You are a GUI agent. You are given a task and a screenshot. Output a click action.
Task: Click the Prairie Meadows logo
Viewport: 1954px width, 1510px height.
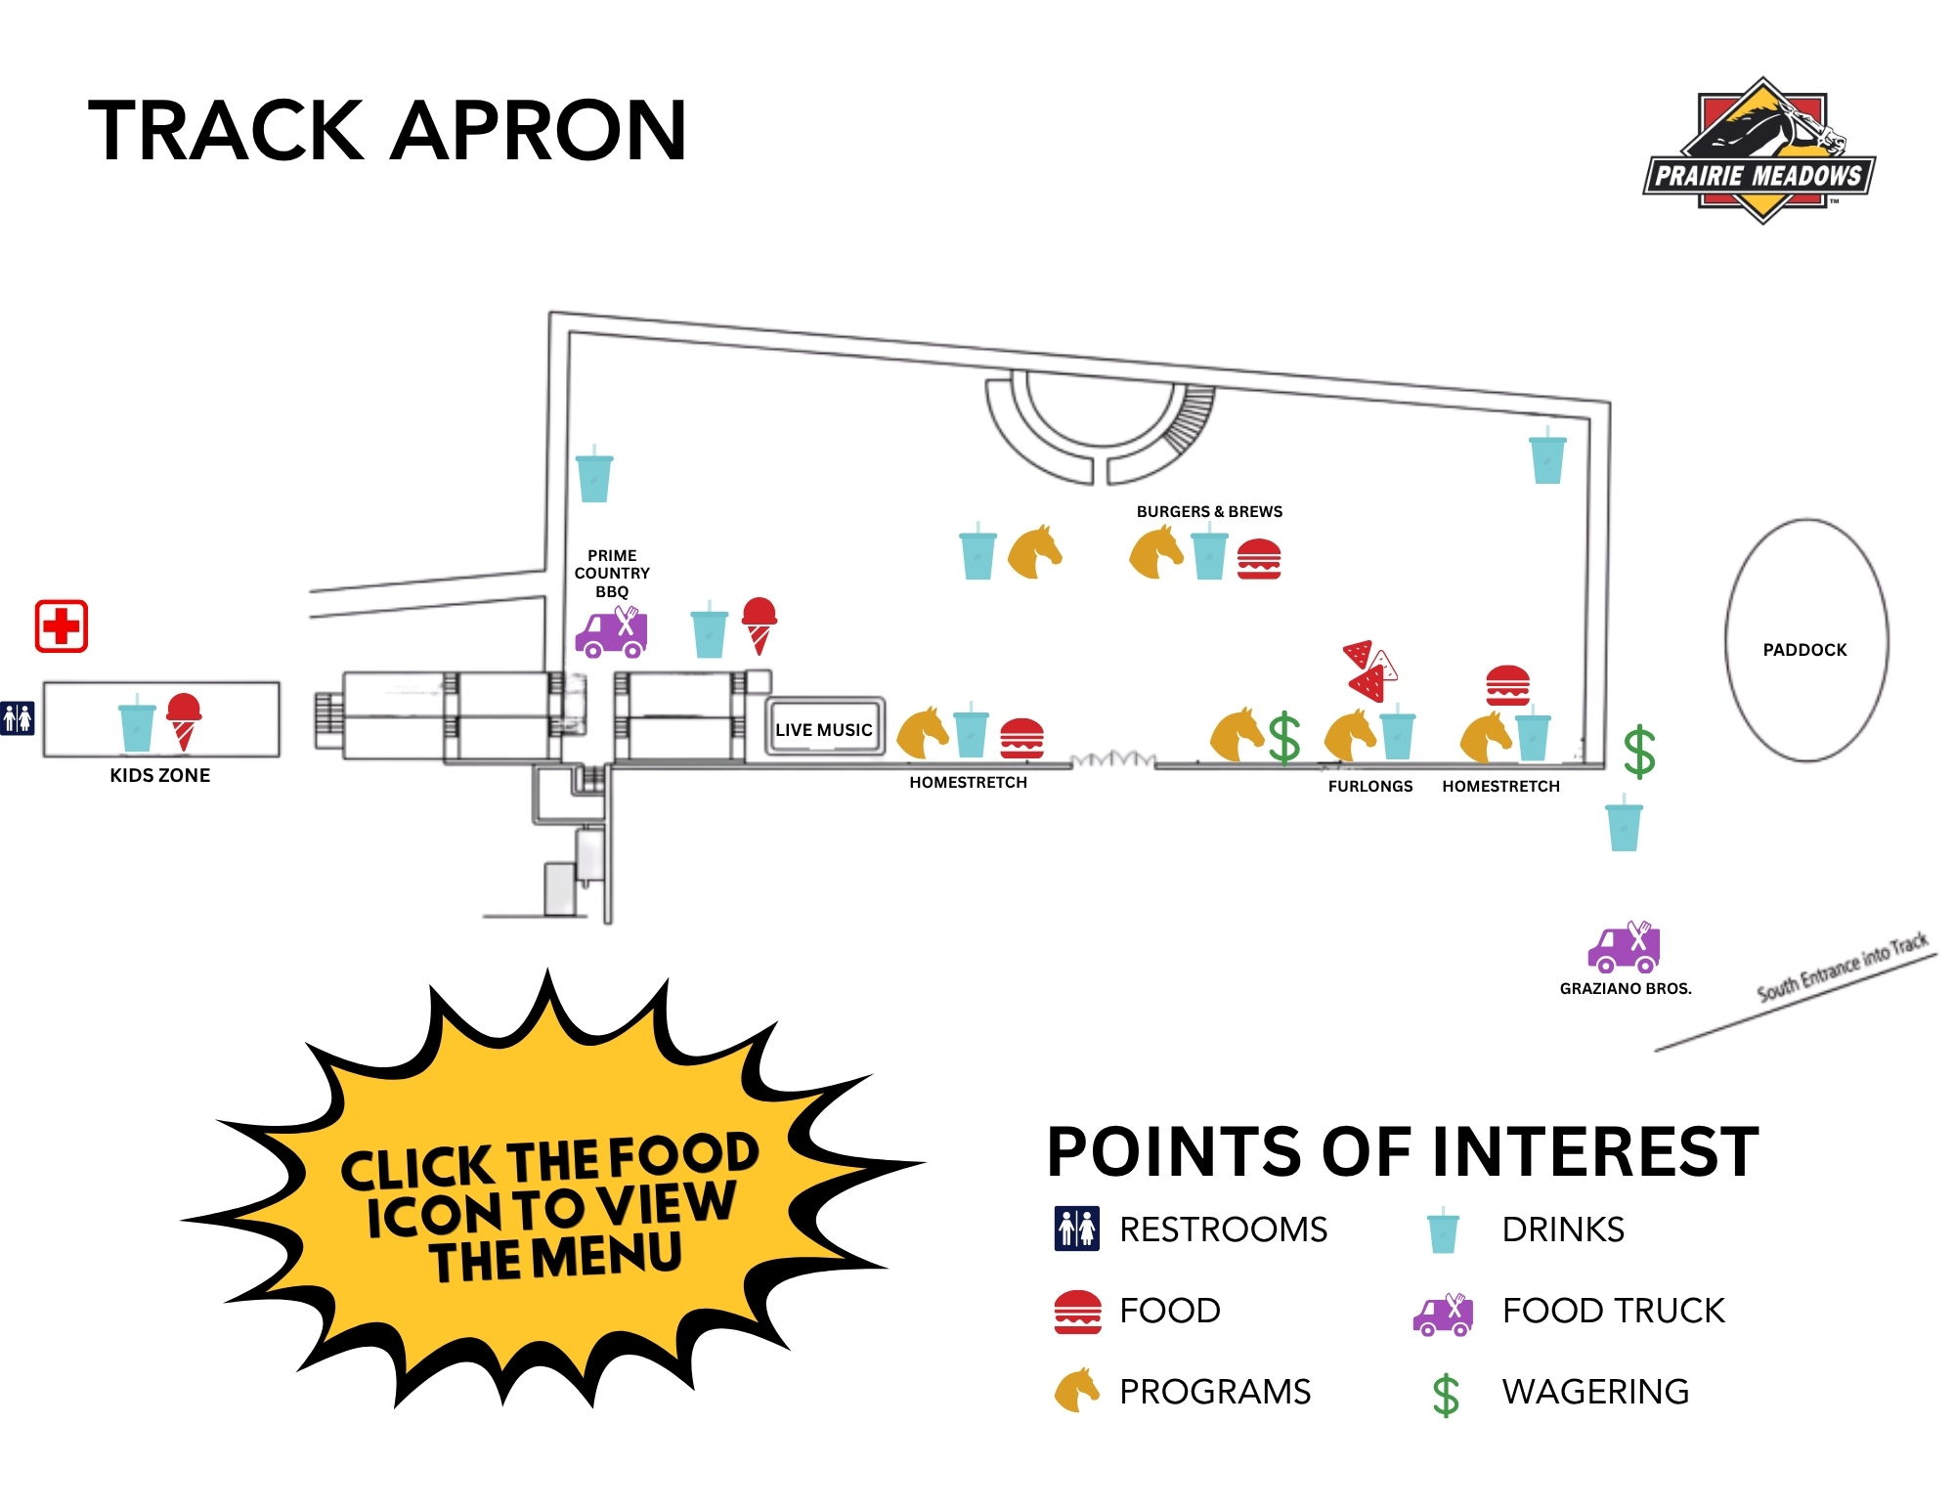[x=1759, y=151]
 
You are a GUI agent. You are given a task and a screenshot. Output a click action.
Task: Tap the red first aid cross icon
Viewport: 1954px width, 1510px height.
[x=62, y=626]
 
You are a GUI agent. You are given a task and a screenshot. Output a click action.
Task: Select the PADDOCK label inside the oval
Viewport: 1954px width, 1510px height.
[x=1804, y=650]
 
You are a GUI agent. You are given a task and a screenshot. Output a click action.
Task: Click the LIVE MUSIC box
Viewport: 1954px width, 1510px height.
[x=824, y=727]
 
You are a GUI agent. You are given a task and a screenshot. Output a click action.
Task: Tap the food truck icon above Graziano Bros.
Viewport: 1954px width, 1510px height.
[x=1624, y=947]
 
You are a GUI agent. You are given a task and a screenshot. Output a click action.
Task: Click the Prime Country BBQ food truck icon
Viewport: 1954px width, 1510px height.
[x=611, y=631]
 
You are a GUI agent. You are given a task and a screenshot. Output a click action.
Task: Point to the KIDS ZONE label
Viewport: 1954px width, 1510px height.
[x=160, y=775]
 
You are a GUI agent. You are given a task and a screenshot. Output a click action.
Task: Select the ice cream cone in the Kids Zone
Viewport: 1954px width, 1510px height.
[x=184, y=722]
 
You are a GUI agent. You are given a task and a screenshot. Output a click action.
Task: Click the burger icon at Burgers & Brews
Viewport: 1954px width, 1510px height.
[x=1259, y=559]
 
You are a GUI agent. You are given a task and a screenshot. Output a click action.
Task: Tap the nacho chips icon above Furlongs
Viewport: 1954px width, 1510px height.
[x=1370, y=670]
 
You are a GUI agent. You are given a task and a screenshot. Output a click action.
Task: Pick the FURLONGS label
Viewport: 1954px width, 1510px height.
[x=1370, y=786]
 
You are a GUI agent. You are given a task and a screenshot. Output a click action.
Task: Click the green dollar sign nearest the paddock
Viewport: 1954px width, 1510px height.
[x=1639, y=752]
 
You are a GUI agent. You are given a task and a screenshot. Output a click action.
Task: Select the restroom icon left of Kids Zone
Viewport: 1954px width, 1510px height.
[x=18, y=718]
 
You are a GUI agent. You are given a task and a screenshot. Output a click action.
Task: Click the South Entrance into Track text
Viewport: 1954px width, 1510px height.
[x=1843, y=968]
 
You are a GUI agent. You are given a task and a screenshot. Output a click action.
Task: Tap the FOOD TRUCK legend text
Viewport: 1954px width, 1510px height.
[x=1613, y=1311]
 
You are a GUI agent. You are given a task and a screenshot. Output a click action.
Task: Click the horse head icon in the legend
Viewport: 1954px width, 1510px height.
[x=1077, y=1390]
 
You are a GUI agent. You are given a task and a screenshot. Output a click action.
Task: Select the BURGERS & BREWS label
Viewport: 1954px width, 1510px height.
[x=1209, y=511]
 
